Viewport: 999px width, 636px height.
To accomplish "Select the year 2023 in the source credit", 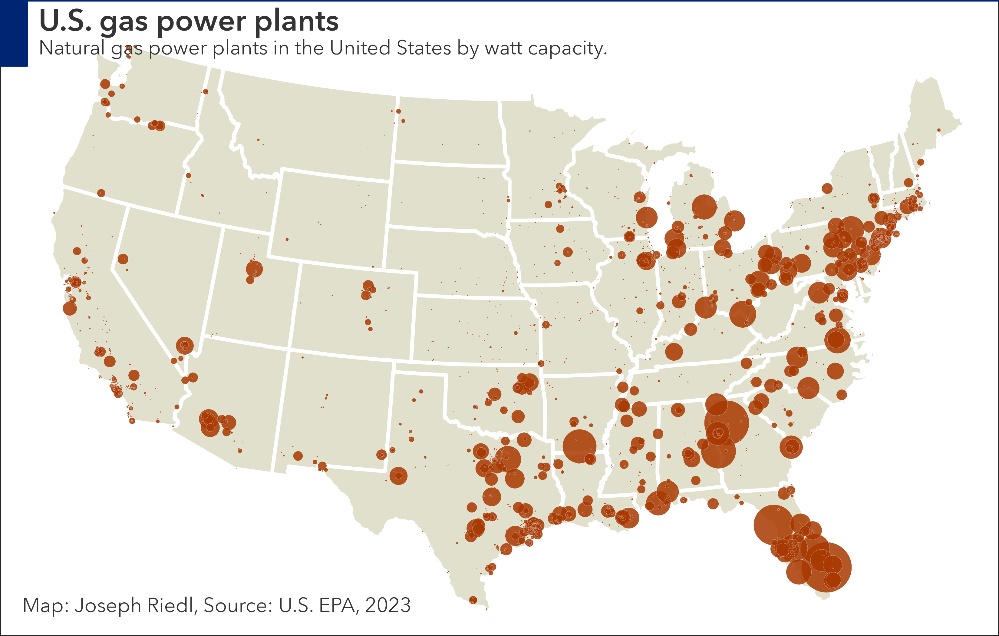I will pyautogui.click(x=388, y=605).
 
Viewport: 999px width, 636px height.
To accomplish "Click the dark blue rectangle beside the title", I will pyautogui.click(x=14, y=33).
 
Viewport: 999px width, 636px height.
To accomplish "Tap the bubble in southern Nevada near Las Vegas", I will pyautogui.click(x=185, y=345).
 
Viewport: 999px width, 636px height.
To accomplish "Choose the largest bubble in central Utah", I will pyautogui.click(x=254, y=269).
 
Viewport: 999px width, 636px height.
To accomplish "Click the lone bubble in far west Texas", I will pyautogui.click(x=298, y=456).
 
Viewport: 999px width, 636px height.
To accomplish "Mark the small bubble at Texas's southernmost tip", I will pyautogui.click(x=473, y=600).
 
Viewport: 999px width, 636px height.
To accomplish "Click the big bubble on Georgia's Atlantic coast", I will pyautogui.click(x=791, y=447).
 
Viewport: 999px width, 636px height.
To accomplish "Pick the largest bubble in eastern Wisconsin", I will pyautogui.click(x=646, y=217).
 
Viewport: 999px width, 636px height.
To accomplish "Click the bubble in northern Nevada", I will pyautogui.click(x=123, y=259).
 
